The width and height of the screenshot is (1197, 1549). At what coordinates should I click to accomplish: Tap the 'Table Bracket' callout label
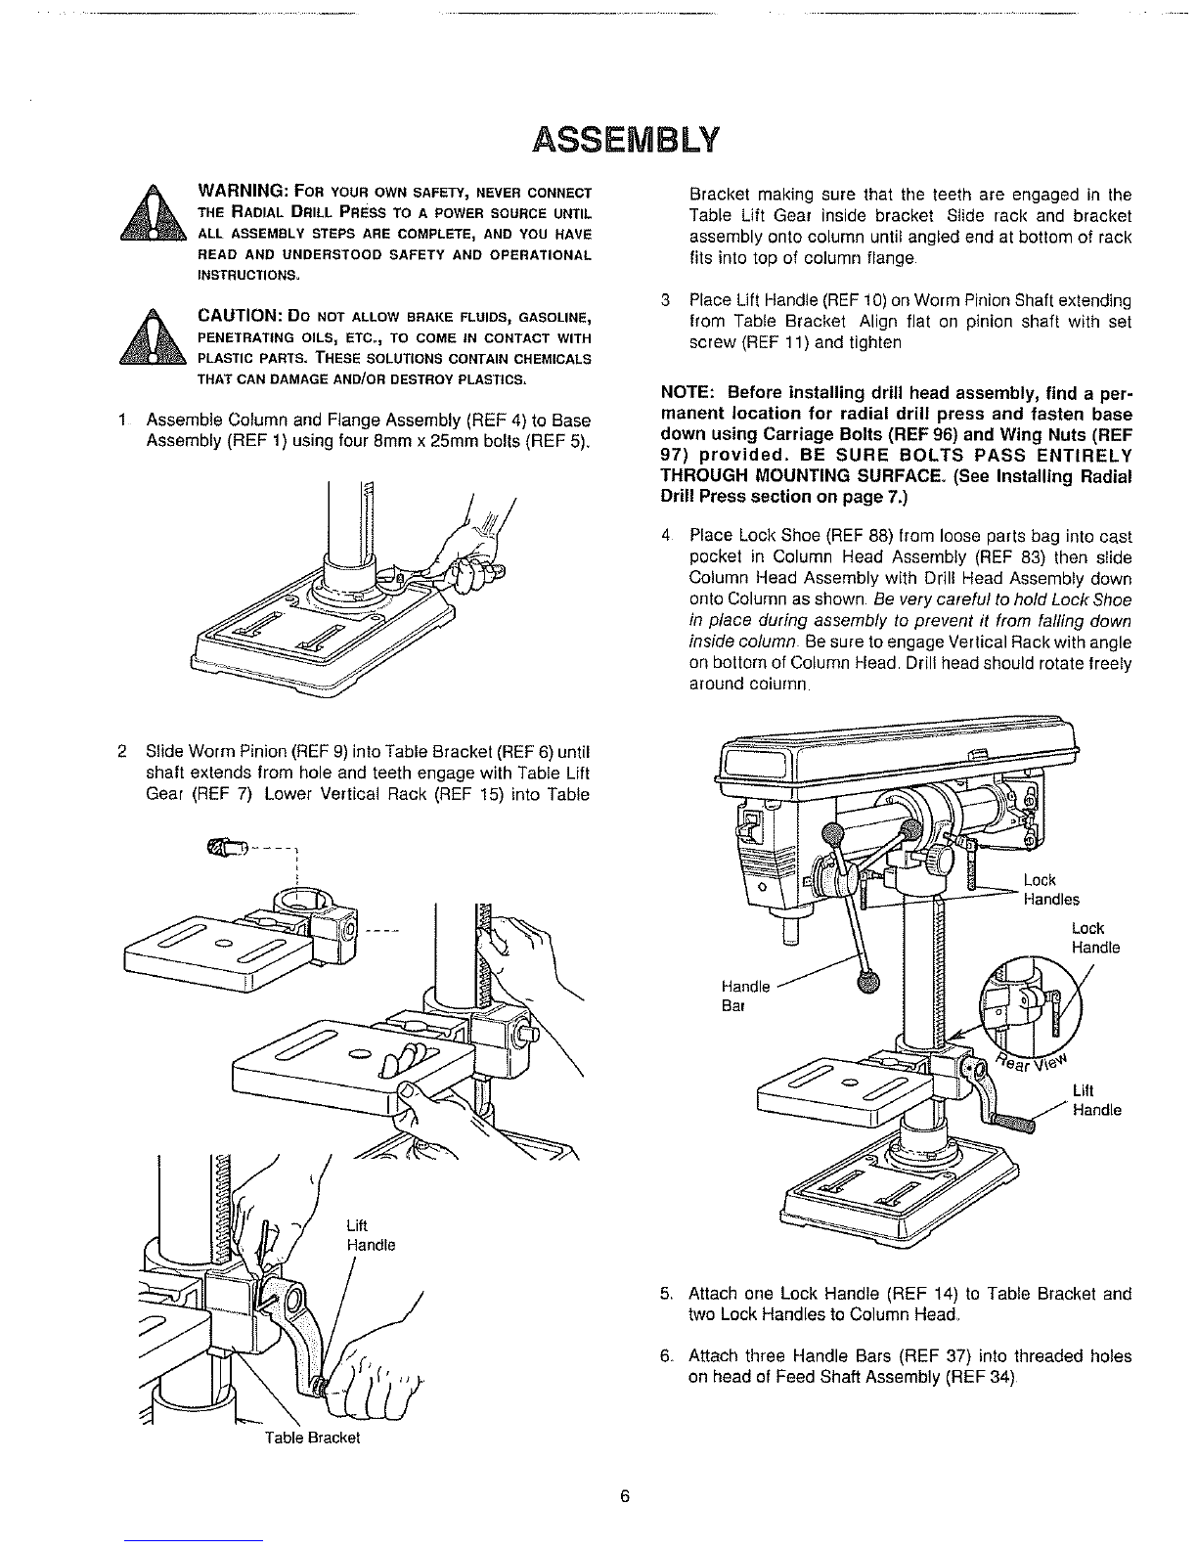(x=313, y=1438)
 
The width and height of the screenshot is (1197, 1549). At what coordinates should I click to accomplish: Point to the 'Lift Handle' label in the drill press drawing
(x=1095, y=1100)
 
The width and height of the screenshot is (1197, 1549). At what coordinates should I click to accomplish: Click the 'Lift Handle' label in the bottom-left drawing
(x=371, y=1236)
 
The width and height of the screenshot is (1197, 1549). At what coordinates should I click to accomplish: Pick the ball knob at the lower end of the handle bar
(x=867, y=983)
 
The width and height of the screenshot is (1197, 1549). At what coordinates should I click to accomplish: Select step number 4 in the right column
(x=666, y=537)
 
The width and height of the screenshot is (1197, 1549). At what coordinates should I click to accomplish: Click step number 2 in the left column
(x=121, y=752)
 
